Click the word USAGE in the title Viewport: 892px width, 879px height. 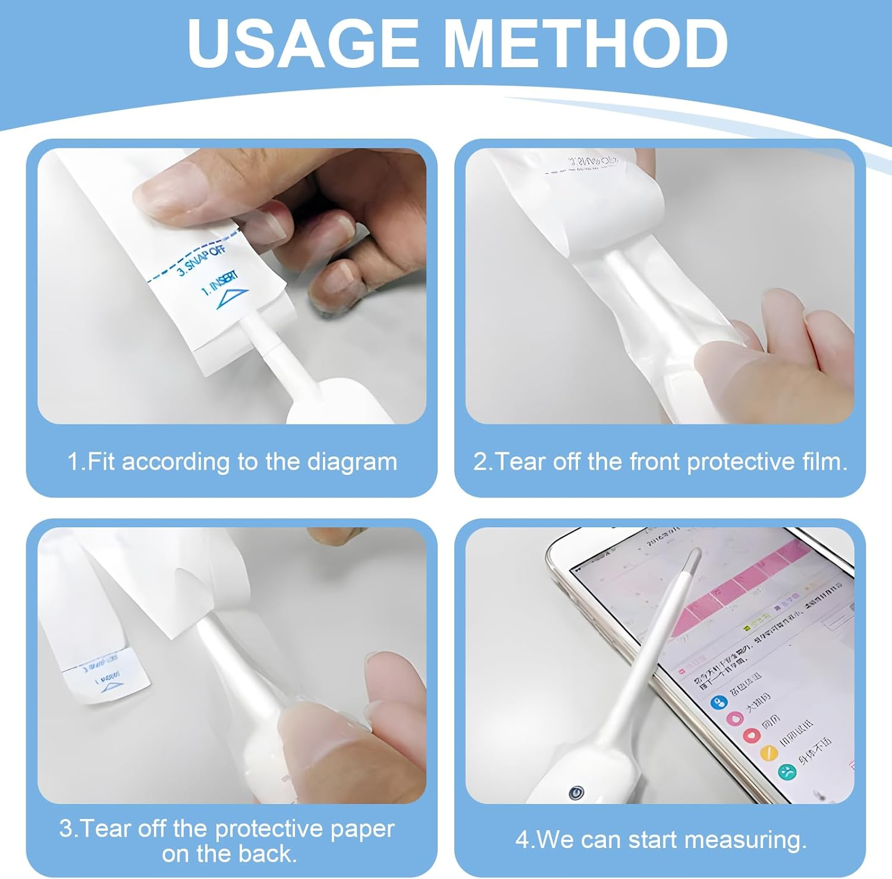pos(303,43)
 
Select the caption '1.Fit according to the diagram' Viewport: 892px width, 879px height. pos(232,462)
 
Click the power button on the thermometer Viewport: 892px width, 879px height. pos(576,793)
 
